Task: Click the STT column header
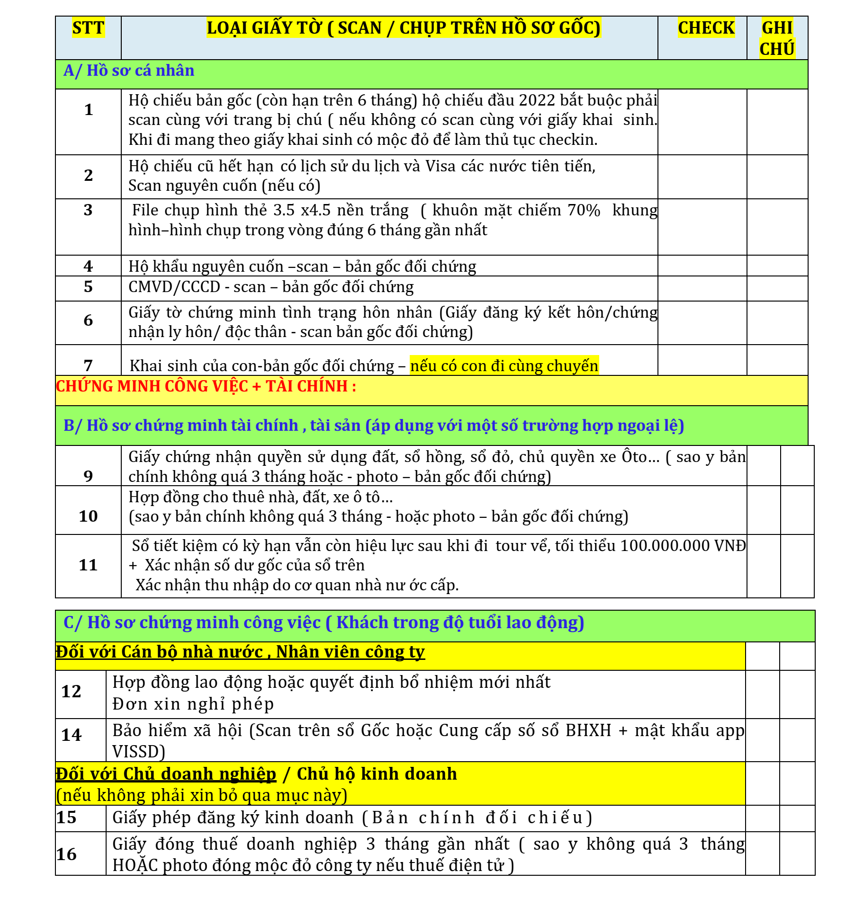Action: click(88, 28)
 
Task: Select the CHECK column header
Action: click(706, 28)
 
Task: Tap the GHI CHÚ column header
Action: click(777, 38)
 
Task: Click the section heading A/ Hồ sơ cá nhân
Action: click(129, 71)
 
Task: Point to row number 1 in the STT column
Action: click(88, 110)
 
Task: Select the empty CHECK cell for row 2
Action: click(702, 177)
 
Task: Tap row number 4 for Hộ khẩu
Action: click(88, 266)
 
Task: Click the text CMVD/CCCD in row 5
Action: click(174, 287)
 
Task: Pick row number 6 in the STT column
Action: click(88, 320)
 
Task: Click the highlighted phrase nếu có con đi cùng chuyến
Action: click(504, 366)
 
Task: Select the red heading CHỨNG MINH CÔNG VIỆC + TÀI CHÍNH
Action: click(206, 386)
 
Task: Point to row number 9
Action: click(88, 476)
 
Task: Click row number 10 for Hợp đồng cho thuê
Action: click(88, 516)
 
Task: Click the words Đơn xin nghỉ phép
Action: click(193, 704)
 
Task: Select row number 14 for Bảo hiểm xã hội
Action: click(72, 735)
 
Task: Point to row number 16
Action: click(66, 854)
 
